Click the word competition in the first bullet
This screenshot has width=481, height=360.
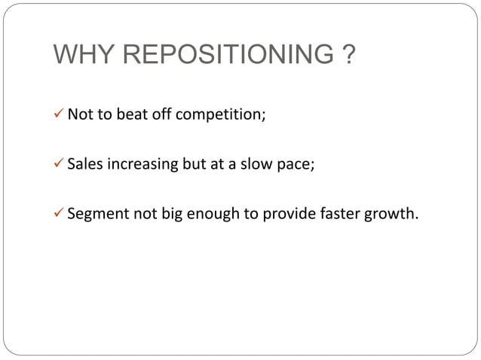click(x=221, y=116)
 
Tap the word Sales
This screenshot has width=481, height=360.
click(x=84, y=164)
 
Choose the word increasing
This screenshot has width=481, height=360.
click(x=141, y=165)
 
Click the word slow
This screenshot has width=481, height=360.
click(x=256, y=164)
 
